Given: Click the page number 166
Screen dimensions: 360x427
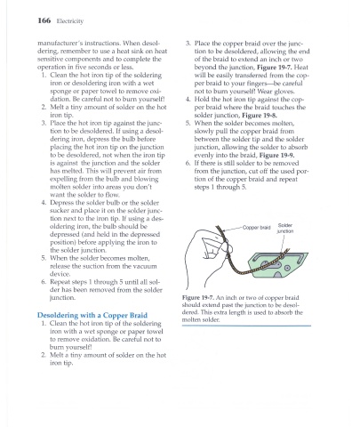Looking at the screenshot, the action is coord(44,20).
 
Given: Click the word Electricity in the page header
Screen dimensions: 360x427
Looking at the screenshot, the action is coord(70,21).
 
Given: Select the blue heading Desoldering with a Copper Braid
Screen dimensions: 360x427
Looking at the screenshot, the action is coord(92,315).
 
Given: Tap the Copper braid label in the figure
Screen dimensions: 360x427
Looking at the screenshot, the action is coord(257,228).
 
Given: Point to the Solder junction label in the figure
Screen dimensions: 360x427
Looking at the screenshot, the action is coord(285,229).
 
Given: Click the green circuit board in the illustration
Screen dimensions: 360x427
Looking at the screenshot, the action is coord(277,264).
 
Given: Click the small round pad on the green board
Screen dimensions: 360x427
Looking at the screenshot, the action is coord(287,268).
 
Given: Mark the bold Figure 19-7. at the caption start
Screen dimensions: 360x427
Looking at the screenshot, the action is coord(198,297).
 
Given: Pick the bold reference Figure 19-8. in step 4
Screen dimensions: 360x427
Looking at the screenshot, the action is coord(260,116).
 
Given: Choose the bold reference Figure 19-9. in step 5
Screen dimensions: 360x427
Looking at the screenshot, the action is coord(276,155).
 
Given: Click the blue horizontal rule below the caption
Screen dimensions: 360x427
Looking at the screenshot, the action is coord(246,326).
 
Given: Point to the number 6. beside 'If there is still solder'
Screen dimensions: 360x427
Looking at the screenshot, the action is coord(188,163).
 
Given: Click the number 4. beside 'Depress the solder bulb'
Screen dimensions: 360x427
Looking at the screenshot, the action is coord(44,203).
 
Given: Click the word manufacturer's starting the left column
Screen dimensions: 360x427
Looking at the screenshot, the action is coord(57,44).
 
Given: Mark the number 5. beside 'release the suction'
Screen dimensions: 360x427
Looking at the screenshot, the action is coord(44,258).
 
